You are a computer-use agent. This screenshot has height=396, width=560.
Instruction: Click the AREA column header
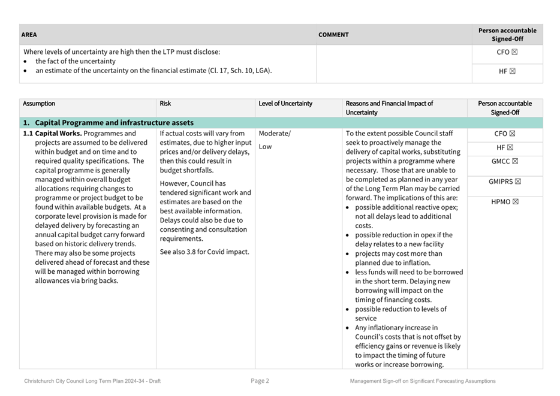[x=29, y=35]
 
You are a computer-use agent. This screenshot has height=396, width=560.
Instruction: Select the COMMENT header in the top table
[x=333, y=35]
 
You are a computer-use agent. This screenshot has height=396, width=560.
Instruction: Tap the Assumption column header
[x=39, y=104]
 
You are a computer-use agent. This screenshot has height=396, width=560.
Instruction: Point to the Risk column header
[x=165, y=104]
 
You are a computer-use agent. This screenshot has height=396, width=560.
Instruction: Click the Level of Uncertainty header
[x=285, y=104]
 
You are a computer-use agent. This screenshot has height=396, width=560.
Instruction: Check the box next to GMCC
[x=515, y=161]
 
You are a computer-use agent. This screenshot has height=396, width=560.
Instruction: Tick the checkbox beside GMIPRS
[x=518, y=181]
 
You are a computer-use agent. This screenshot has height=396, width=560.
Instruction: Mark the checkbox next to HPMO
[x=515, y=201]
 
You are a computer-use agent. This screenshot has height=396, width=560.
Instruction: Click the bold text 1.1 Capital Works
[x=59, y=134]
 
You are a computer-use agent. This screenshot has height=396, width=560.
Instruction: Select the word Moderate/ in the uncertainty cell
[x=275, y=134]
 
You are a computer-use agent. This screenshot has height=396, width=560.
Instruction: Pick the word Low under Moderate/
[x=265, y=146]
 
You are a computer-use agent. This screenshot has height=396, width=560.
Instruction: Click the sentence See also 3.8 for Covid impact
[x=204, y=252]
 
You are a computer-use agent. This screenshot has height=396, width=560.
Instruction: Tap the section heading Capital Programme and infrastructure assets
[x=114, y=123]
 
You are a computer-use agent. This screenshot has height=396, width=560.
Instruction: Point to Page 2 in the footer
[x=260, y=381]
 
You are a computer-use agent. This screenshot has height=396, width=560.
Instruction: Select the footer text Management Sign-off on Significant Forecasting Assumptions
[x=423, y=381]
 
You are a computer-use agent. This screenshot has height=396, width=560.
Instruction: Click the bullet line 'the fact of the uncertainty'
[x=76, y=61]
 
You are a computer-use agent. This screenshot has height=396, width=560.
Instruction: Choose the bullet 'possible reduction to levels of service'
[x=401, y=313]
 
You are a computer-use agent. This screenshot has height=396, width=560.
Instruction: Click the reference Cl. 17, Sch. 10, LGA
[x=239, y=71]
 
